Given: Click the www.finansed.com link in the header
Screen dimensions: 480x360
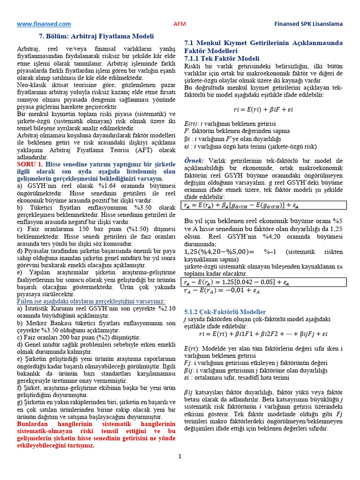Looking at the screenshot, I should tap(44, 23).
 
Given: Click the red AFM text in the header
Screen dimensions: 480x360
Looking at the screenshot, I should tap(180, 24).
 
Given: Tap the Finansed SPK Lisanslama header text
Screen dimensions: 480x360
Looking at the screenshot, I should tap(308, 24).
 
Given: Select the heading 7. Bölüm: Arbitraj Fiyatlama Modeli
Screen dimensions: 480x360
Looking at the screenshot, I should tap(96, 36).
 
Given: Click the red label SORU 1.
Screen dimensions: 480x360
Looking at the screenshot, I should tap(30, 165).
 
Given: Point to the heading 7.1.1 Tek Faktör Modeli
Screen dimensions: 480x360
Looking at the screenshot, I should tap(222, 58).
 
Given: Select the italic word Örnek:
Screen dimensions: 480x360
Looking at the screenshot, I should tap(194, 161).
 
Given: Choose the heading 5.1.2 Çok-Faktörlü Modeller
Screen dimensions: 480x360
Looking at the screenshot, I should tap(225, 312).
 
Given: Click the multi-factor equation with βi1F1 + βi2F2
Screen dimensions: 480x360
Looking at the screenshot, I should tap(263, 334).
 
